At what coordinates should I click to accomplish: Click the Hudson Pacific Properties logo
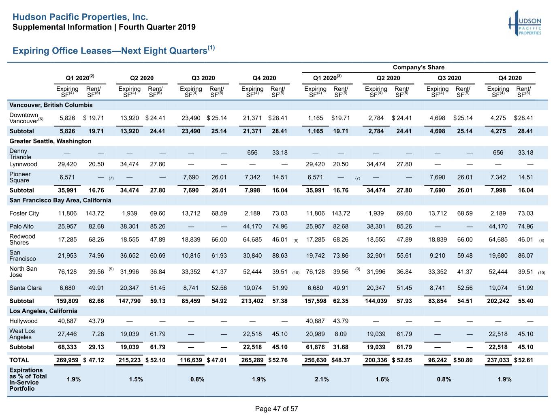pos(525,24)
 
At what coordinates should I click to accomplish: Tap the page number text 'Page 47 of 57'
pos(276,409)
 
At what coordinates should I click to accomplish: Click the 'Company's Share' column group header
pos(418,67)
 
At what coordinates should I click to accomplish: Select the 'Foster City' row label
pos(24,213)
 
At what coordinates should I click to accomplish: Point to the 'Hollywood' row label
pos(23,321)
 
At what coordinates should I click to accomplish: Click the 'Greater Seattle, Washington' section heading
pos(50,141)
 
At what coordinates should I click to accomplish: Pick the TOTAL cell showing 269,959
pos(67,360)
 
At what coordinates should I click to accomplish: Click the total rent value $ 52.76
pos(278,360)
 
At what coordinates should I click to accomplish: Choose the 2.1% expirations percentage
pos(322,379)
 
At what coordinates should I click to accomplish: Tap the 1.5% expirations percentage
pos(136,379)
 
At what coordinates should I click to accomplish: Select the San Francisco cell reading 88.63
pos(280,255)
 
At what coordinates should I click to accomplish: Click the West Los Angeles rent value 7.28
pos(98,334)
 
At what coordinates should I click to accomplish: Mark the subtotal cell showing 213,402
pos(252,301)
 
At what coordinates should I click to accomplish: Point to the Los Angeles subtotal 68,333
pos(67,347)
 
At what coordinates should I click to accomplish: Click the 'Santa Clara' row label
pos(26,288)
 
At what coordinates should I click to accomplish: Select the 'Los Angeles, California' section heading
pos(43,311)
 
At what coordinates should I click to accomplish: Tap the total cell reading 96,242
pos(438,360)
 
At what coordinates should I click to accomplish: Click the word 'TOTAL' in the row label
pos(19,360)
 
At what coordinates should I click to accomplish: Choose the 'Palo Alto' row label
pos(21,226)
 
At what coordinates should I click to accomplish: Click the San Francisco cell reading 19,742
pos(315,255)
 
